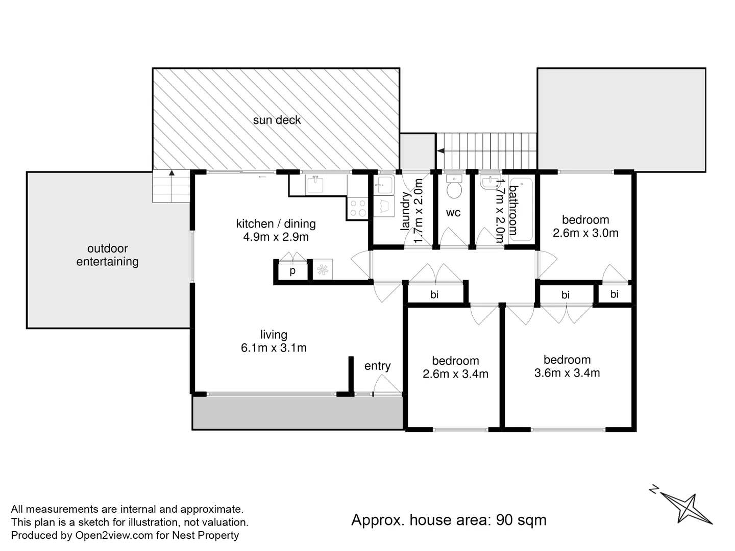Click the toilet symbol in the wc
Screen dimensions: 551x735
pyautogui.click(x=453, y=188)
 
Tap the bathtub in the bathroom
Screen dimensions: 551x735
pyautogui.click(x=521, y=210)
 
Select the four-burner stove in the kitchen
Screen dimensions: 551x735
pyautogui.click(x=357, y=208)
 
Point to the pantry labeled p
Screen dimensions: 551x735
pyautogui.click(x=292, y=271)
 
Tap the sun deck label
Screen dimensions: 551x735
pyautogui.click(x=277, y=120)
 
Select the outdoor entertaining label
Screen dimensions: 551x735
pyautogui.click(x=107, y=255)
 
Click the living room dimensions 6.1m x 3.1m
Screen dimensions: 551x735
pyautogui.click(x=274, y=348)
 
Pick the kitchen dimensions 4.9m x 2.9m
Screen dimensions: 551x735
pyautogui.click(x=276, y=237)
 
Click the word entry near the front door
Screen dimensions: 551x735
pyautogui.click(x=377, y=366)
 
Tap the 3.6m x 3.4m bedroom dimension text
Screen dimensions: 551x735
pyautogui.click(x=567, y=373)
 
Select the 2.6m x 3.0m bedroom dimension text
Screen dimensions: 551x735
pyautogui.click(x=585, y=233)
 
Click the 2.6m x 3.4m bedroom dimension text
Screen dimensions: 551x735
pyautogui.click(x=455, y=374)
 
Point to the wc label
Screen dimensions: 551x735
pyautogui.click(x=453, y=213)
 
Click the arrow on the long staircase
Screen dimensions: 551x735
pyautogui.click(x=440, y=151)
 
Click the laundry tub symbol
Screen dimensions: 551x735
pyautogui.click(x=383, y=184)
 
